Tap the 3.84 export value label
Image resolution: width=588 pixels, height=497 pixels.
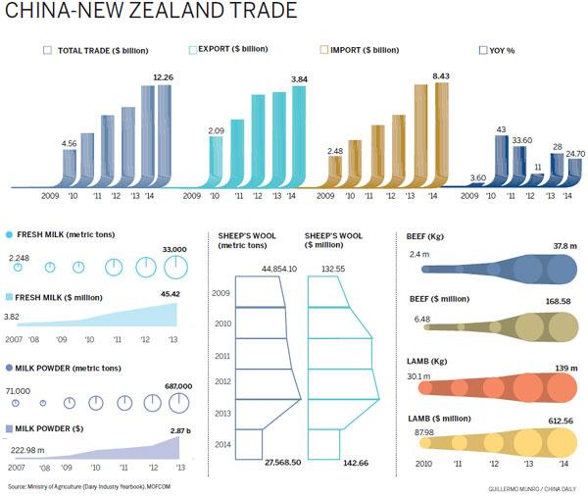[298, 78]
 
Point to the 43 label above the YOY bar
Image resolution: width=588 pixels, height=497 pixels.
[501, 129]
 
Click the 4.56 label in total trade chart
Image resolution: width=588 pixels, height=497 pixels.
[70, 143]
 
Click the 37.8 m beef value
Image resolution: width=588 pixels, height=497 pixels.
[559, 247]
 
